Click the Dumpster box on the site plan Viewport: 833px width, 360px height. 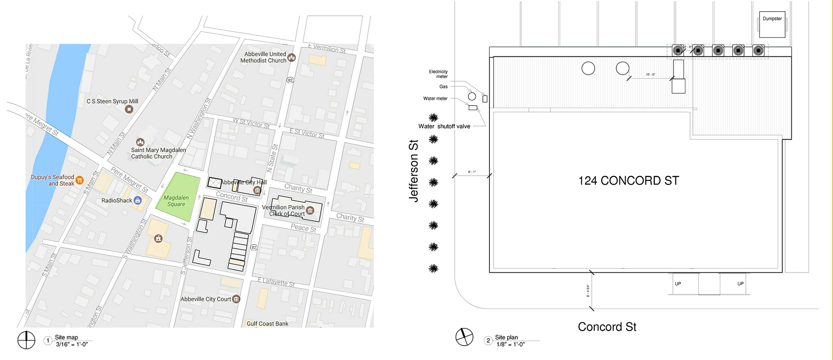tap(772, 24)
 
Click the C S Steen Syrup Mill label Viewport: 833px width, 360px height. tap(112, 101)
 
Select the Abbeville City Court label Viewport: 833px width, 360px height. tap(206, 299)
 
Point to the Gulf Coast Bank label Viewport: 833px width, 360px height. tap(267, 324)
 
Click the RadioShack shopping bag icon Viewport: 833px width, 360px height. tap(138, 200)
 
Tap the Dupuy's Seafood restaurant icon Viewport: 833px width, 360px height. tap(79, 180)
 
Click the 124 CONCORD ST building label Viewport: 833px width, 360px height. tap(628, 180)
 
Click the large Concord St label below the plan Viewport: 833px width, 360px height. tap(607, 327)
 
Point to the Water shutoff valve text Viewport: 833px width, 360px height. tap(444, 126)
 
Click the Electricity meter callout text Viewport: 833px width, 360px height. tap(438, 74)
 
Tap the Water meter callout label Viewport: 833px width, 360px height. tap(435, 98)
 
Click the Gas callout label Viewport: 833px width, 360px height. tap(443, 87)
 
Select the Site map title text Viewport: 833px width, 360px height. tap(66, 337)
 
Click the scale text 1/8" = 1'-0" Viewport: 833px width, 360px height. tap(510, 344)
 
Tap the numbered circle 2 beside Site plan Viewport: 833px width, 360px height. tap(488, 340)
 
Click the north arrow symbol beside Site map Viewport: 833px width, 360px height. tap(26, 340)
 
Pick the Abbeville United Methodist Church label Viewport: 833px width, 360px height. tap(263, 57)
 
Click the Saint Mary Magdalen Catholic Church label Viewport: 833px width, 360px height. tap(158, 153)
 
